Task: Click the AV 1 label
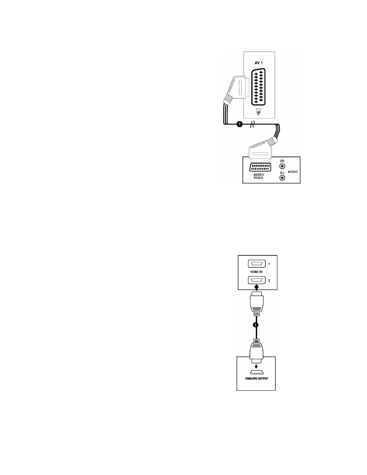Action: click(x=259, y=63)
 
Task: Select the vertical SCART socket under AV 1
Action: click(x=259, y=87)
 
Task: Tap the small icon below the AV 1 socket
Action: click(x=259, y=112)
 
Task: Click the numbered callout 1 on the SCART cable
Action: click(x=240, y=124)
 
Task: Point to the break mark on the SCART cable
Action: click(x=252, y=124)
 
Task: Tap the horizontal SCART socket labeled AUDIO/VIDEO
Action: click(x=260, y=167)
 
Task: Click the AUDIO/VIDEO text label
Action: click(x=259, y=176)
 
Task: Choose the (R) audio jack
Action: click(x=282, y=167)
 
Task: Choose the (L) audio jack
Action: click(x=282, y=177)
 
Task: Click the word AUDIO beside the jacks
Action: click(x=293, y=172)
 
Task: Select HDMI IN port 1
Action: click(x=257, y=263)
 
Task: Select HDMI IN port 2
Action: click(x=257, y=280)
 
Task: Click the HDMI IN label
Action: click(x=256, y=272)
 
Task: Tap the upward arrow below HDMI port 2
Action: click(x=257, y=287)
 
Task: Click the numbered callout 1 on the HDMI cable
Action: click(x=255, y=325)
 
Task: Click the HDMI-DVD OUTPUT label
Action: click(x=256, y=378)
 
